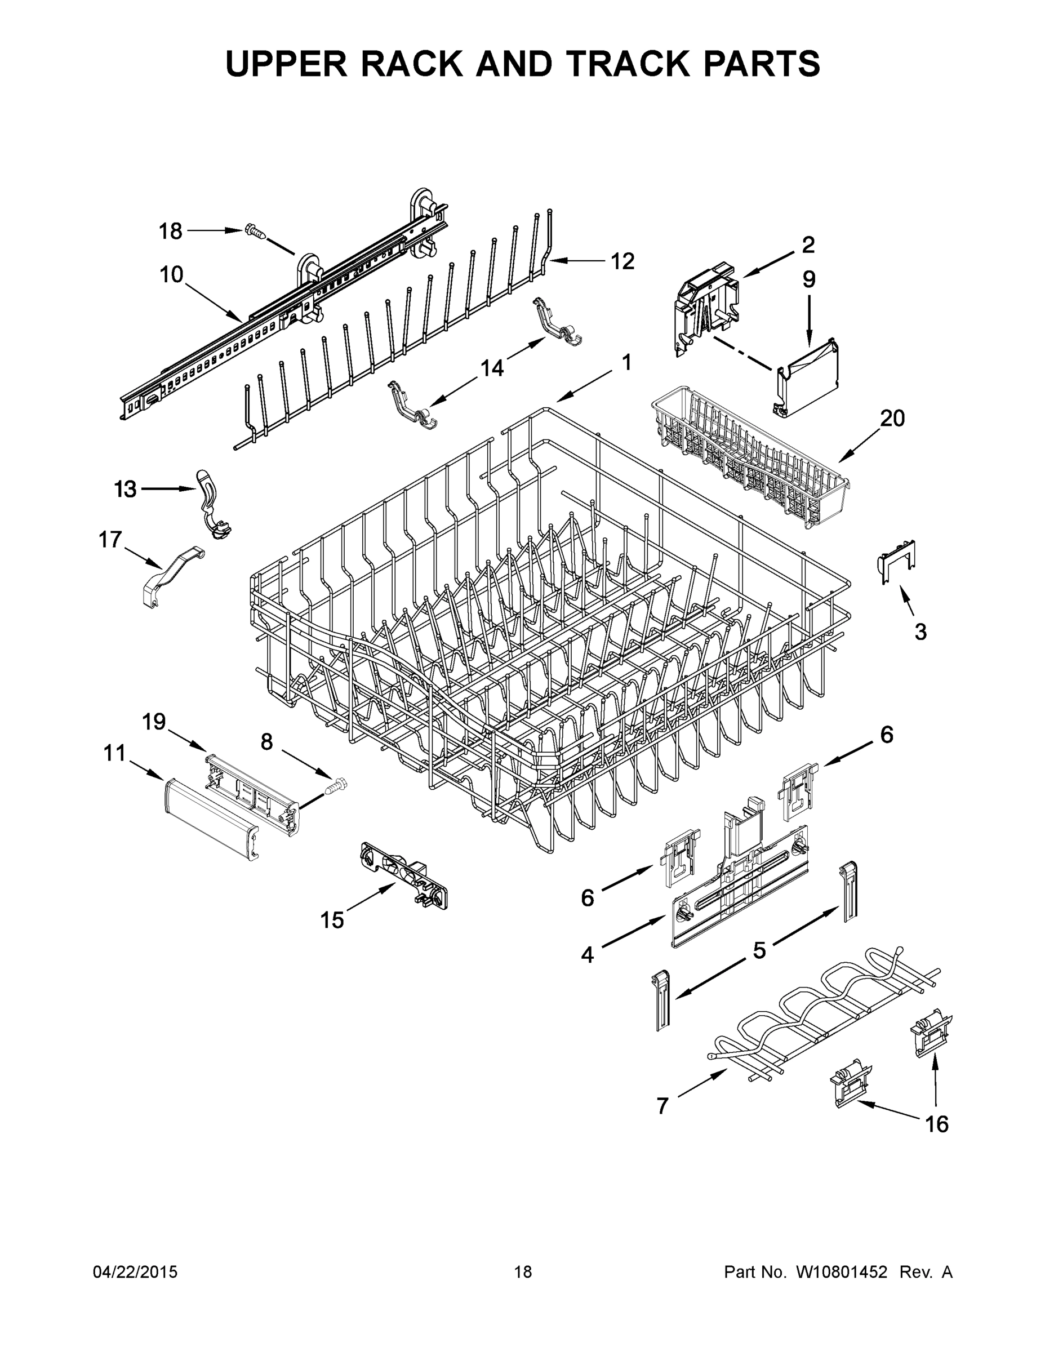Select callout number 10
[x=171, y=274]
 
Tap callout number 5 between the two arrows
[x=759, y=950]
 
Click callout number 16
[x=937, y=1124]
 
